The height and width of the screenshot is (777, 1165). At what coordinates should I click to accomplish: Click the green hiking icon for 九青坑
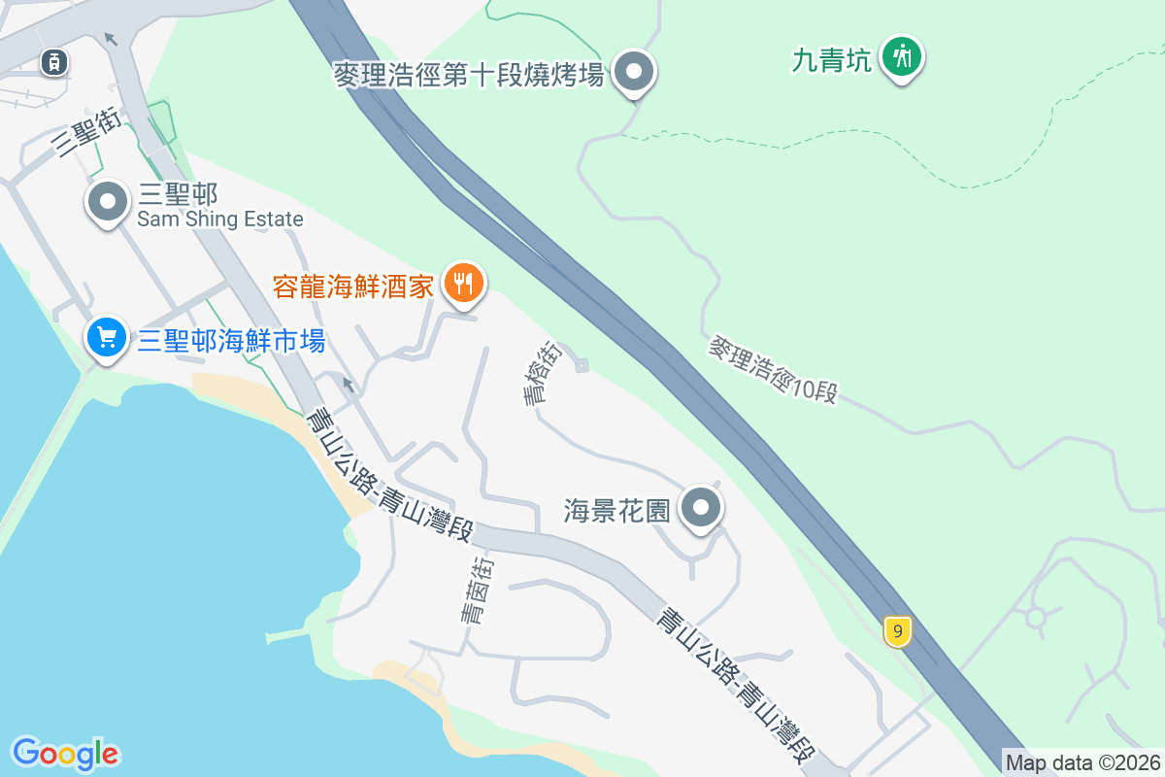(903, 56)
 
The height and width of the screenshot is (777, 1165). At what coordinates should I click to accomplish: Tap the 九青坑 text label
(831, 59)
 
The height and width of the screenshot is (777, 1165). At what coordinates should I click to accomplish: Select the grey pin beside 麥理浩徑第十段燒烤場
(636, 72)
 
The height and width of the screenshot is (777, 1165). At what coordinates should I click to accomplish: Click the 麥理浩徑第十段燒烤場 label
(469, 74)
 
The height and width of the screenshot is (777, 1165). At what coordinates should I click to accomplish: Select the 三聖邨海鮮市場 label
(231, 341)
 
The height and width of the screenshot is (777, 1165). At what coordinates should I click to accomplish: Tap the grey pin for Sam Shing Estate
(108, 203)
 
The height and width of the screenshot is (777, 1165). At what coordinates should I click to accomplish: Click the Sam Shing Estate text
(220, 220)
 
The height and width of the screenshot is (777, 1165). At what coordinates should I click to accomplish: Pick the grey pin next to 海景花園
(701, 508)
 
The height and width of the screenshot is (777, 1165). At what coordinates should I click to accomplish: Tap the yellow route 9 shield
(898, 632)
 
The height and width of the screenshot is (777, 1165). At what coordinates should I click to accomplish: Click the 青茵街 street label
(476, 590)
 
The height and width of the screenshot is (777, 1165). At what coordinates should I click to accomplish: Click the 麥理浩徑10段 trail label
(773, 370)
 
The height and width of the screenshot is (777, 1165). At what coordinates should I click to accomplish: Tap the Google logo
(66, 753)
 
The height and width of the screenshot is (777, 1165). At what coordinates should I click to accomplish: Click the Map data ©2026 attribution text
(1082, 762)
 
